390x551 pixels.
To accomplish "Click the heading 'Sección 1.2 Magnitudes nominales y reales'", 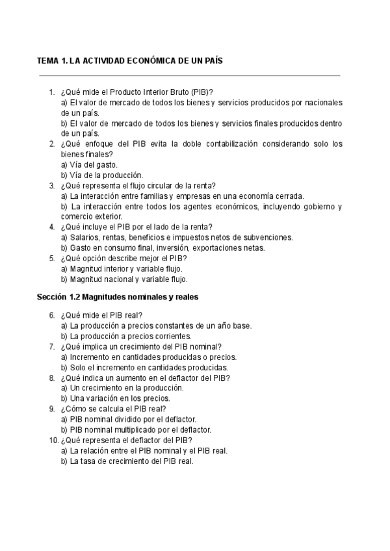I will click(x=118, y=297).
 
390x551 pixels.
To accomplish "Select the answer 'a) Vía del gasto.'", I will click(x=89, y=164).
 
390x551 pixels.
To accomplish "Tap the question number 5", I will click(x=52, y=258).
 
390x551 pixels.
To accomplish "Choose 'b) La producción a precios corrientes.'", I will click(x=126, y=336).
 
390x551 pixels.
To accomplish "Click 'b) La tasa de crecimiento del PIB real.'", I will click(x=127, y=461).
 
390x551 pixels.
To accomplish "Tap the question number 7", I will click(x=52, y=346).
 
